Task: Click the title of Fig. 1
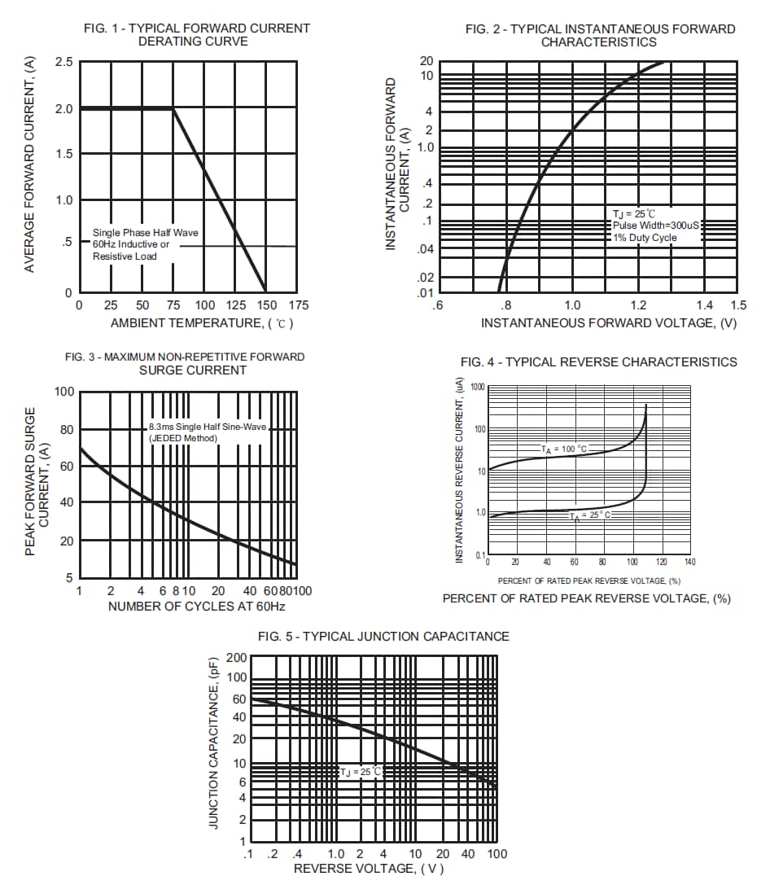(197, 34)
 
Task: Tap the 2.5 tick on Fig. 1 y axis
(63, 63)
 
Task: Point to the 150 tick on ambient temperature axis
(265, 305)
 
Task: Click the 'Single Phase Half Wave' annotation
(145, 233)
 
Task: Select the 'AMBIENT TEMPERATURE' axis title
(201, 323)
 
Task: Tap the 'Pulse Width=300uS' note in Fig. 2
(655, 226)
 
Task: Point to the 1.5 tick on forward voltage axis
(737, 305)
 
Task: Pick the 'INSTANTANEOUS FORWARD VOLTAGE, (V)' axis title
(608, 323)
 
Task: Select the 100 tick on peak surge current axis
(64, 392)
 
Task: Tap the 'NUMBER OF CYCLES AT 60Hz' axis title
(196, 607)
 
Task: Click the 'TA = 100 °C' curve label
(563, 449)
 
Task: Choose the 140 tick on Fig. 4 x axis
(689, 563)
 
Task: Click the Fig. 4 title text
(598, 362)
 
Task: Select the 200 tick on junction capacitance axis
(236, 659)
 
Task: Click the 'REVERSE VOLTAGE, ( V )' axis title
(369, 869)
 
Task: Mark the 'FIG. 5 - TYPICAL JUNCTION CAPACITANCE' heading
(383, 637)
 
